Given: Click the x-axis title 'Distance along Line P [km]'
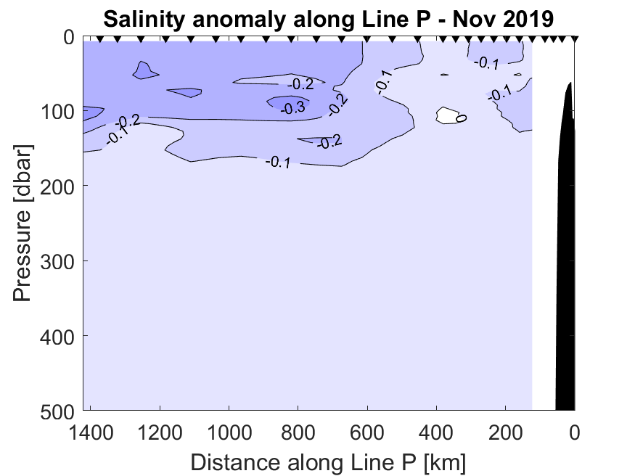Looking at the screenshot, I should pos(328,462).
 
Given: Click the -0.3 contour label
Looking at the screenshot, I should pos(293,108).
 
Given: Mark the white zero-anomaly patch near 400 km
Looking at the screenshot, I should pos(448,115).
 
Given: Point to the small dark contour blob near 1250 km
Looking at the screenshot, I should pos(145,71).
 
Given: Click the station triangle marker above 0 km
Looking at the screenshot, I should pos(575,39).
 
